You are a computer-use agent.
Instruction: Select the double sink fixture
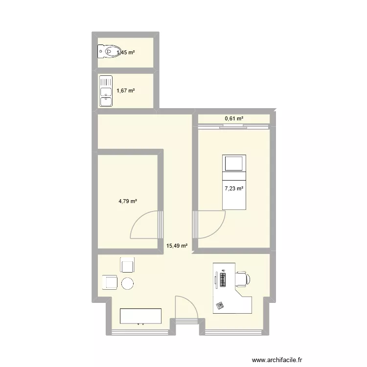tap(106, 91)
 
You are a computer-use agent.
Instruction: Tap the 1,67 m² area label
tap(125, 91)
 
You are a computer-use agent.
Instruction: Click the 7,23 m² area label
tap(234, 188)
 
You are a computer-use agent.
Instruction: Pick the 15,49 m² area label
tap(177, 246)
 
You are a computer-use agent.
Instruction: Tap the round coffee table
tap(128, 283)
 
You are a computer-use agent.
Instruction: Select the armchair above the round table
tap(128, 266)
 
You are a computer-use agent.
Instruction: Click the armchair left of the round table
tap(110, 283)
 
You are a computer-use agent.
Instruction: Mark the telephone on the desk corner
tap(220, 305)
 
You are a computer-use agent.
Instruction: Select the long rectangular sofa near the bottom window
tap(141, 316)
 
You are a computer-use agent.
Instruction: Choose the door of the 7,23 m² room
tap(209, 223)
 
